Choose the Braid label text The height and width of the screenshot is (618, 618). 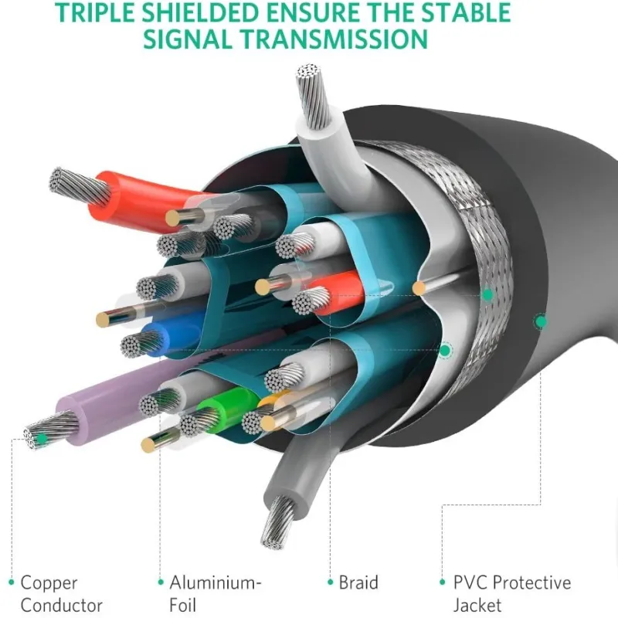pos(358,582)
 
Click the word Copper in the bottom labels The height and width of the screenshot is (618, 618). pos(49,582)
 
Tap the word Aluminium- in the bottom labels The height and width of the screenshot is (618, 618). pos(216,582)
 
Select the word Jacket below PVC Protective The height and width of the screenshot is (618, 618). pos(477,605)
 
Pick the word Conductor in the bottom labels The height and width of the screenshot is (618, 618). pos(62,605)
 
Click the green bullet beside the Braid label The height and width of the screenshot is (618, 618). pos(331,582)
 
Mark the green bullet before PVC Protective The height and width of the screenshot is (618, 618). pos(443,582)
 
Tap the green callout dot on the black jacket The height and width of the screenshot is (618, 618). pos(540,319)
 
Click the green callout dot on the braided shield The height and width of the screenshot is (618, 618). pos(487,294)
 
